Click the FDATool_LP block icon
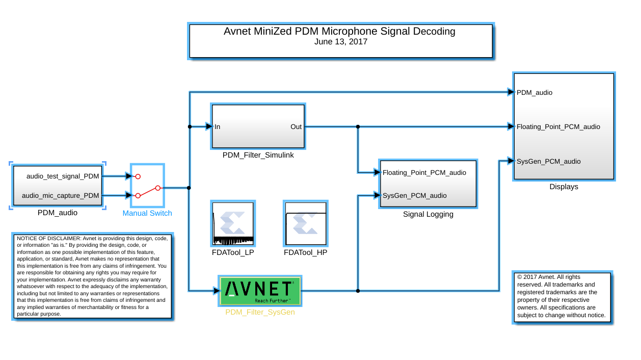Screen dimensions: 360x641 [x=233, y=224]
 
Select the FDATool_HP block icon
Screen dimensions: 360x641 [x=305, y=224]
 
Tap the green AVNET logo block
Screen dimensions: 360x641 [x=260, y=291]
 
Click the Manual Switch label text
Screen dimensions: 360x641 [x=147, y=213]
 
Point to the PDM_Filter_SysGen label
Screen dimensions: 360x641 [x=260, y=312]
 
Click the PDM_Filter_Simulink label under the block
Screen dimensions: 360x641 [x=258, y=155]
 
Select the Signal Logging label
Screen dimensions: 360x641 [x=428, y=214]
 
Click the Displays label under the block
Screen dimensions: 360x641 [x=564, y=187]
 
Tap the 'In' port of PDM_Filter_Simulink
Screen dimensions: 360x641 [x=218, y=126]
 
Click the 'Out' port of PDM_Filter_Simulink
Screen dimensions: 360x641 [x=296, y=126]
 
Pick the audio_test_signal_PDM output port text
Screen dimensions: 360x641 [x=63, y=176]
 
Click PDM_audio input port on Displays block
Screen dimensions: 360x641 [x=535, y=92]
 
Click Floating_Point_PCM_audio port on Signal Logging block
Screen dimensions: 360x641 [x=424, y=172]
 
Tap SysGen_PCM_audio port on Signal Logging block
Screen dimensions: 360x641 [x=415, y=195]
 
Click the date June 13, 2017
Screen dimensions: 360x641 [x=341, y=42]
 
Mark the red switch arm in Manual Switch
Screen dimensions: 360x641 [x=147, y=192]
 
